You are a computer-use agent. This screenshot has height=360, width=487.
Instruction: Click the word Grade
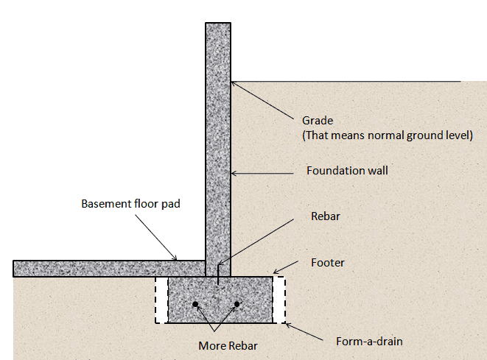[x=318, y=121]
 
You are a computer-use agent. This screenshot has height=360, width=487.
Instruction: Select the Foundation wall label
[x=347, y=171]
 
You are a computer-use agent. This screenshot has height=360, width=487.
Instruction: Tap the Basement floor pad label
[x=130, y=203]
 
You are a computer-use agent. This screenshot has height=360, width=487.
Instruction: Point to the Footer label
[x=328, y=262]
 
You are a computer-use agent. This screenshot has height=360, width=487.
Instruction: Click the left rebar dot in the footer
[x=195, y=304]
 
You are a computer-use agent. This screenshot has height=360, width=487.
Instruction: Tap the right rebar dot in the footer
[x=237, y=304]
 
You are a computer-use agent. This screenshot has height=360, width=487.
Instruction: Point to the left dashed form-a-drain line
[x=155, y=300]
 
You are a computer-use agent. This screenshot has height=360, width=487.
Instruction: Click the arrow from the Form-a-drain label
[x=306, y=331]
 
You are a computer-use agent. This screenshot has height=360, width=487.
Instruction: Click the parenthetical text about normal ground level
[x=388, y=135]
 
